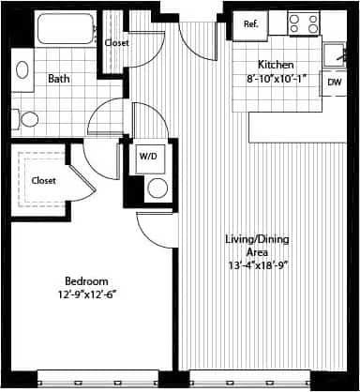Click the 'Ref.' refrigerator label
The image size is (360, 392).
[x=251, y=24]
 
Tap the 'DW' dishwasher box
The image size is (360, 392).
[x=335, y=83]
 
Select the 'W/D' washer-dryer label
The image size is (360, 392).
[x=148, y=158]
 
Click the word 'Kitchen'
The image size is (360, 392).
[x=278, y=65]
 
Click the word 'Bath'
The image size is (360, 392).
[x=58, y=79]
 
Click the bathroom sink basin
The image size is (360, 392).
[x=22, y=71]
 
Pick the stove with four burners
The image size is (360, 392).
[x=303, y=23]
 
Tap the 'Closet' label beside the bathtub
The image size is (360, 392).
[x=117, y=43]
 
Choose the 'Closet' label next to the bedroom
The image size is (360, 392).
[x=43, y=180]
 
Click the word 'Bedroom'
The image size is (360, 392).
[x=86, y=281]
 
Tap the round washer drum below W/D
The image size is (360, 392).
[x=157, y=187]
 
